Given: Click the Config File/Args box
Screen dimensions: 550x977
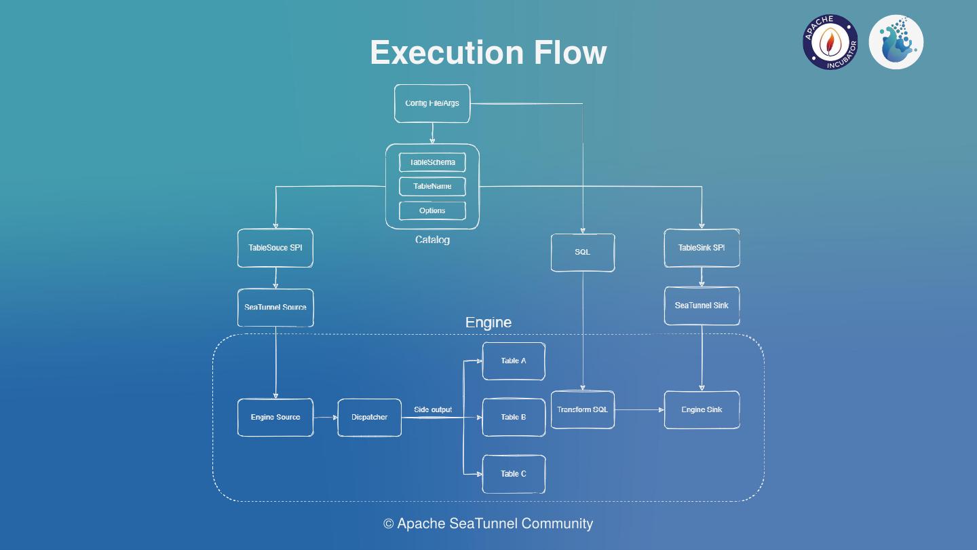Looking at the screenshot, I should [432, 103].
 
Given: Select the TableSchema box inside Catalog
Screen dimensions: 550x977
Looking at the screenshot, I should [432, 162].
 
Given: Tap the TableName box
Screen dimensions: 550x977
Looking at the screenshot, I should [432, 186].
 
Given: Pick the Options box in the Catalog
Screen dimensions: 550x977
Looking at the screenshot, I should [432, 210].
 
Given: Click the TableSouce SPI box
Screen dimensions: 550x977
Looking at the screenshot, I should [275, 248].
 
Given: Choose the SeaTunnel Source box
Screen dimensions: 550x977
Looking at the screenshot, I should [275, 307].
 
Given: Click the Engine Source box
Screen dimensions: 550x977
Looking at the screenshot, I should [275, 417].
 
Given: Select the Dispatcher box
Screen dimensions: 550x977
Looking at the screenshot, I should [369, 417].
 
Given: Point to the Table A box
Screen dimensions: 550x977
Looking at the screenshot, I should [514, 361].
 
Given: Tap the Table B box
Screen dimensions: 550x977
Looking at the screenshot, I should [514, 417].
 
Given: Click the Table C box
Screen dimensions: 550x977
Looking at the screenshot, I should [514, 474].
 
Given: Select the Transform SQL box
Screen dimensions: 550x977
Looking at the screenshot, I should [582, 409].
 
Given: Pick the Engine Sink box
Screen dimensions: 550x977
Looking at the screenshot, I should [702, 409].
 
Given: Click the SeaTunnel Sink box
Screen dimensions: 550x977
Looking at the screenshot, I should [702, 306].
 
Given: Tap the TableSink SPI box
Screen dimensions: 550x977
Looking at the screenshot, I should [702, 248].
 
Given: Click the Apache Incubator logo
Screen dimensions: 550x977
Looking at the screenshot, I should [830, 42].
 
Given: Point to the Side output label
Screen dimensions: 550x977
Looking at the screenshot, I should [433, 409].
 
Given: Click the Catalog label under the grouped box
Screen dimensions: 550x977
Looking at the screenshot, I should [432, 240].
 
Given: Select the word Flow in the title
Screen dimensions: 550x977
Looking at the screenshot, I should [570, 52].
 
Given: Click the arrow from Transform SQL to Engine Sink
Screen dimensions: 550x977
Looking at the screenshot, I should [639, 409].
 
